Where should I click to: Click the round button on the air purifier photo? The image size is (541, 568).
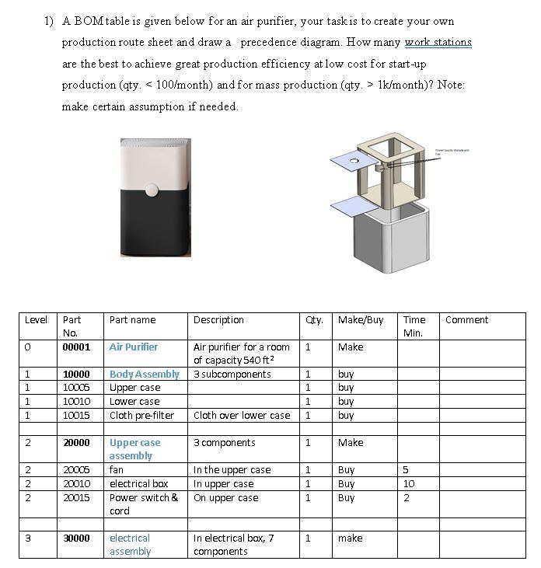point(152,189)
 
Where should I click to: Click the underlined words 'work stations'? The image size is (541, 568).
point(438,42)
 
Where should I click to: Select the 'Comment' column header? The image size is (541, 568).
point(466,320)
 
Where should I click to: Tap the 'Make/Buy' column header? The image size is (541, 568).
point(361,320)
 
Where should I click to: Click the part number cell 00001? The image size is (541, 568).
point(76,347)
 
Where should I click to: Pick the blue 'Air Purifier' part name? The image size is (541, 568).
point(134,347)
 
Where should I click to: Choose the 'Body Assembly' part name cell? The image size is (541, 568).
point(145,375)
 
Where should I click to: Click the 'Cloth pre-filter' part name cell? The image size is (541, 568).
point(141,416)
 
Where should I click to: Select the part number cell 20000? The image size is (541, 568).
point(76,443)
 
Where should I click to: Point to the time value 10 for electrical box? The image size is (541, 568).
point(409,484)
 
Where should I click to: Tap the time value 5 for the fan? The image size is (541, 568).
point(406,470)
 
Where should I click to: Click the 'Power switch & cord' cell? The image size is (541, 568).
point(144,504)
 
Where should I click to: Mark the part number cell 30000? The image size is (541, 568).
point(76,538)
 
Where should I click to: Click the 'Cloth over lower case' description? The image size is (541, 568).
point(242,416)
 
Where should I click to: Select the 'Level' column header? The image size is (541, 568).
point(37,320)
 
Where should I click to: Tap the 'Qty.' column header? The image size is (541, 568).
point(315,320)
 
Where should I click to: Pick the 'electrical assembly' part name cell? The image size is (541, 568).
point(130,545)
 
